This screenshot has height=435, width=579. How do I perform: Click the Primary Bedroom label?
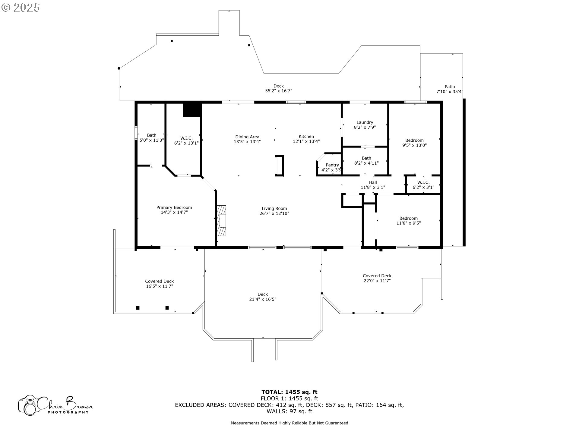pyautogui.click(x=174, y=208)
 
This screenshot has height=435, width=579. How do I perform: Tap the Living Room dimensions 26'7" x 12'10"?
pyautogui.click(x=274, y=213)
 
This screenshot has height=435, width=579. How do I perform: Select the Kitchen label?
pyautogui.click(x=306, y=137)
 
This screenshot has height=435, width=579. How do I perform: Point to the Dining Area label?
pyautogui.click(x=247, y=137)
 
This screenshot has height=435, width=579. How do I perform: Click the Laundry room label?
pyautogui.click(x=365, y=122)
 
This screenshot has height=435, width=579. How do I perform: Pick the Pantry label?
pyautogui.click(x=332, y=165)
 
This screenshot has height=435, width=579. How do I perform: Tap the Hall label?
pyautogui.click(x=373, y=182)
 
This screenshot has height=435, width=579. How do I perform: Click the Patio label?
pyautogui.click(x=450, y=87)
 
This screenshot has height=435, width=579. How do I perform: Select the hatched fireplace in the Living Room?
pyautogui.click(x=221, y=221)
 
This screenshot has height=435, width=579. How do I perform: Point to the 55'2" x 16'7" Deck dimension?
pyautogui.click(x=279, y=91)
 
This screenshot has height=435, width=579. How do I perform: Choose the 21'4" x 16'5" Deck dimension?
pyautogui.click(x=263, y=299)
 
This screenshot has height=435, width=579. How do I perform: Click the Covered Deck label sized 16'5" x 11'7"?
pyautogui.click(x=160, y=281)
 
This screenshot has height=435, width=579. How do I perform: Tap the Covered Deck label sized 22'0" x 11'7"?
pyautogui.click(x=377, y=276)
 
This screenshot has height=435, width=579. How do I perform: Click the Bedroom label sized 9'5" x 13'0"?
pyautogui.click(x=414, y=140)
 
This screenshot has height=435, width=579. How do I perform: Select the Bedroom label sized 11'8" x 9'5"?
pyautogui.click(x=409, y=218)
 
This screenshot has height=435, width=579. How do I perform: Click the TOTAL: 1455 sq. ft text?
pyautogui.click(x=289, y=392)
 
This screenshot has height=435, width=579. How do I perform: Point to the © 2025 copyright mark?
pyautogui.click(x=21, y=7)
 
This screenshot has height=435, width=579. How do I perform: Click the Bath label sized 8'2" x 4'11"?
pyautogui.click(x=366, y=158)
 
